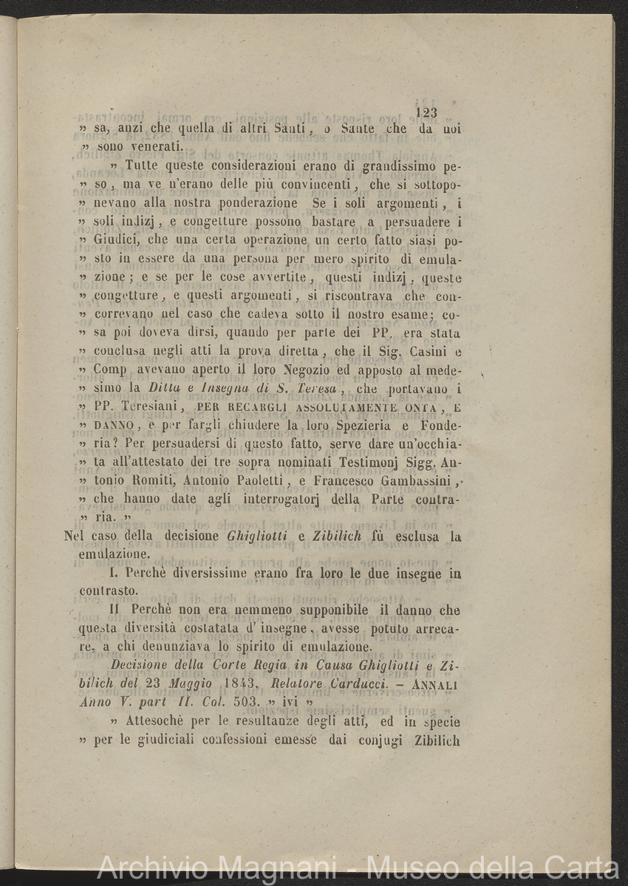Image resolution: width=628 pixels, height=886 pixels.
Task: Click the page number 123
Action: click(427, 112)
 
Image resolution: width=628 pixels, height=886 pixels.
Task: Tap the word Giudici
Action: click(118, 239)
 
